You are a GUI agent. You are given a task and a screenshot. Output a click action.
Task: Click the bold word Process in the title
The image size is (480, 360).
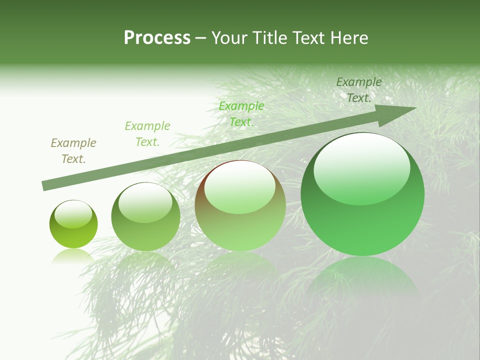click(157, 37)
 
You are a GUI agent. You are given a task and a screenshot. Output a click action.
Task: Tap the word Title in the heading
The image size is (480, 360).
click(269, 37)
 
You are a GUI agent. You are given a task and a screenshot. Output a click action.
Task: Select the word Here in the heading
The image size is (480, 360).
click(348, 37)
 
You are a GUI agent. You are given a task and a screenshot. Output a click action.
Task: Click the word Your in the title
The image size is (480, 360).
click(229, 37)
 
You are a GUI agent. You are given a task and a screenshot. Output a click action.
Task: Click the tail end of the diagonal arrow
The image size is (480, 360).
click(45, 186)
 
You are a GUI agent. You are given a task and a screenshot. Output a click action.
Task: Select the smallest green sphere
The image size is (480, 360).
click(73, 224)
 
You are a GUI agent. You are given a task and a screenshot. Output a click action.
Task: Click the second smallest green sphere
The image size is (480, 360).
click(145, 216)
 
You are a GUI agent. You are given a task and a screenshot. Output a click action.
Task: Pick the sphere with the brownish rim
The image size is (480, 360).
click(240, 205)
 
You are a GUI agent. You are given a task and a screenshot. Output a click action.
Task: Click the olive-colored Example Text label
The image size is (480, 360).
click(73, 151)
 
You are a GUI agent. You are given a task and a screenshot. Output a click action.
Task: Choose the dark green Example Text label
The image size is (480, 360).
click(359, 90)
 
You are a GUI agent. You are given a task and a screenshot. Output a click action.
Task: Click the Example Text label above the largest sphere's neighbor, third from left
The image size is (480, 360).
click(241, 114)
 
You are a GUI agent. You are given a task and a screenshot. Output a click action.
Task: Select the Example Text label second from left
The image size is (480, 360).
click(147, 134)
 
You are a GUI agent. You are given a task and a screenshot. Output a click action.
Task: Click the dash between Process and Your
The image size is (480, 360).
click(200, 37)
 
